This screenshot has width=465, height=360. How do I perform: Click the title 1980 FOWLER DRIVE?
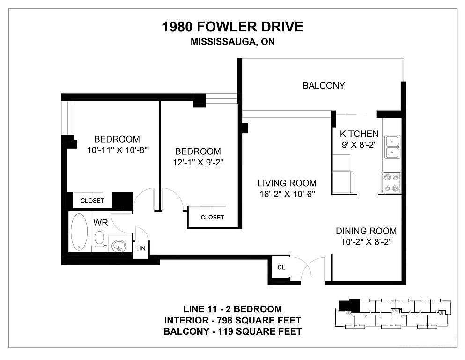pos(232,27)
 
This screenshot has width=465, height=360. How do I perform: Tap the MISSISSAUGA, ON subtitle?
pos(232,42)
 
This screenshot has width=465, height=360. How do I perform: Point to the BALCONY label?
pos(324,85)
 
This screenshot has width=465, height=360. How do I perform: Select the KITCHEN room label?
pos(359,134)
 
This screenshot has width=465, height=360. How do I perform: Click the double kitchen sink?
pos(392,147)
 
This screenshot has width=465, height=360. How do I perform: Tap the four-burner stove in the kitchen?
pos(391,183)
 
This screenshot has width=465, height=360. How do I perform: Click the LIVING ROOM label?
pos(287,183)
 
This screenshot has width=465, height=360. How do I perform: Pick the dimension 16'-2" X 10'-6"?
pos(287,194)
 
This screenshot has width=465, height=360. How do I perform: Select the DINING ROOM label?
pos(366,231)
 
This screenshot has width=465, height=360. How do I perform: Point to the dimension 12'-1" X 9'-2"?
pos(198,162)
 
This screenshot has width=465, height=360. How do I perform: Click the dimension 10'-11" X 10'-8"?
pos(117,150)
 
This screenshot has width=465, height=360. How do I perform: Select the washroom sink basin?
pos(118,246)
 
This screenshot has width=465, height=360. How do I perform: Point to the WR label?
pos(101,223)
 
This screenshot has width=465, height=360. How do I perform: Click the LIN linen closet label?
pos(141,248)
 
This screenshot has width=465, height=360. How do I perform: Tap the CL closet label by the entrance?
pos(281,267)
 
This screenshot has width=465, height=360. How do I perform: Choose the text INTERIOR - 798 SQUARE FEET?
pos(232,320)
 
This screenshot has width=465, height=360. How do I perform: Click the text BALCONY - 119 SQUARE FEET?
pos(232,331)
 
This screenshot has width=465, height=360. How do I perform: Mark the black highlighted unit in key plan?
pos(349,306)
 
